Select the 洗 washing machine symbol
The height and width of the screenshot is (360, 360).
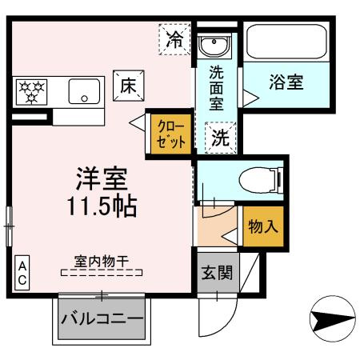point(218,137)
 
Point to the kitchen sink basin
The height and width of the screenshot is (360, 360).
point(82,92)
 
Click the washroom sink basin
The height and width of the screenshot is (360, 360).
point(214,45)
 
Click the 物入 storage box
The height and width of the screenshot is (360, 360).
point(262,226)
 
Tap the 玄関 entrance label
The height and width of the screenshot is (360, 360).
point(217,273)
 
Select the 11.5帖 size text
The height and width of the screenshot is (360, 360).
point(102,206)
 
